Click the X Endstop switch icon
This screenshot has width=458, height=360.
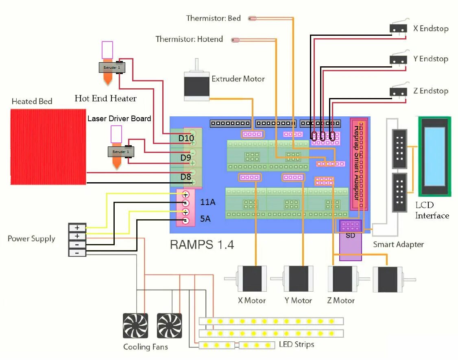click(398, 28)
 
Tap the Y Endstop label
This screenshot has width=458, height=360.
click(431, 59)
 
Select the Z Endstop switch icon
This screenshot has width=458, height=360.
click(398, 92)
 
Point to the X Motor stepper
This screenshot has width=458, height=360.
click(252, 279)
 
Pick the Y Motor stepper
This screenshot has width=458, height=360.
click(298, 279)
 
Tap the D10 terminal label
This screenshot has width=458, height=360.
click(186, 138)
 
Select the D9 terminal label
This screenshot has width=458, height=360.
click(185, 157)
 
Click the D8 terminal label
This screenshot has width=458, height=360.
click(185, 177)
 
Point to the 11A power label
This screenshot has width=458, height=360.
click(207, 202)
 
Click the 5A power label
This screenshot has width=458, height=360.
click(205, 219)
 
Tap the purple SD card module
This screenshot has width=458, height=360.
click(350, 240)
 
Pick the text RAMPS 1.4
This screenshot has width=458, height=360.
click(202, 244)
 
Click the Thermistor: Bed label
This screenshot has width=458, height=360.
click(213, 18)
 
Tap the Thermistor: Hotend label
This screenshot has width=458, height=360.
click(189, 39)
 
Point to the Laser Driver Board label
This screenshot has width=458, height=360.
click(119, 119)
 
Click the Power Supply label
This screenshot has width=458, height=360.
click(31, 238)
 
